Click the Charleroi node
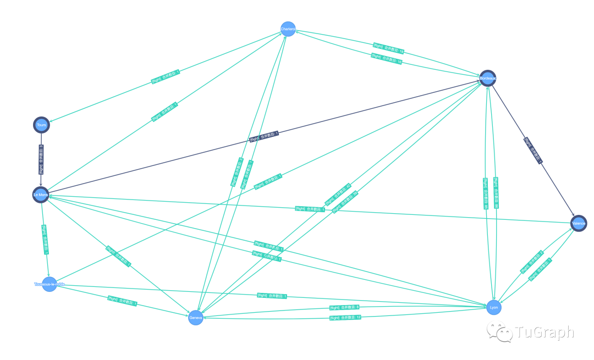pyautogui.click(x=288, y=29)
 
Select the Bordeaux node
pyautogui.click(x=488, y=79)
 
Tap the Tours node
pyautogui.click(x=41, y=125)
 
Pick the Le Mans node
pyautogui.click(x=41, y=195)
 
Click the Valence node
pyautogui.click(x=579, y=224)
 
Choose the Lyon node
pyautogui.click(x=494, y=308)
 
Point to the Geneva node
pyautogui.click(x=196, y=318)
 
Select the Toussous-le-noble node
pyautogui.click(x=50, y=284)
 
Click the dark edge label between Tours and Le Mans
pyautogui.click(x=41, y=159)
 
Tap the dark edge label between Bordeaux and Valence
pyautogui.click(x=533, y=150)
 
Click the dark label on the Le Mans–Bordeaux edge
pyautogui.click(x=265, y=136)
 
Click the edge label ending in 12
pyautogui.click(x=345, y=318)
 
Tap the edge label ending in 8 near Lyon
pyautogui.click(x=344, y=307)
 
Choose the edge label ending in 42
pyautogui.click(x=338, y=193)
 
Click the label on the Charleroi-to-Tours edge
pyautogui.click(x=166, y=77)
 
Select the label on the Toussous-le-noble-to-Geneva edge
pyautogui.click(x=122, y=301)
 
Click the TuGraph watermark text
pyautogui.click(x=544, y=333)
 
